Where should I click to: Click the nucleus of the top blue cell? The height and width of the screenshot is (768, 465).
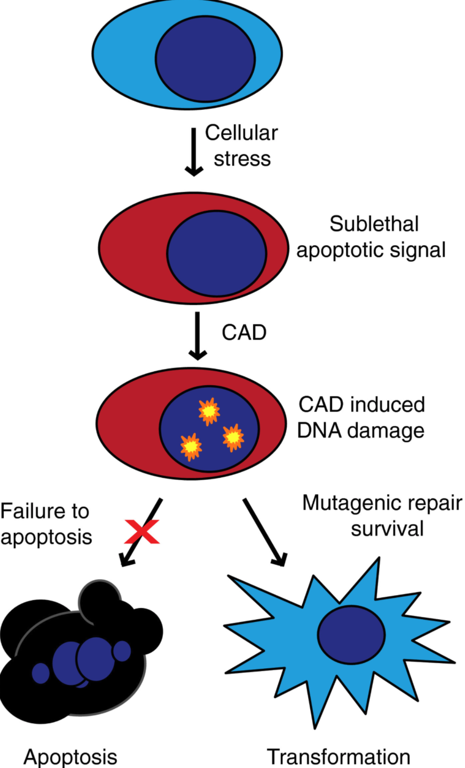(x=205, y=59)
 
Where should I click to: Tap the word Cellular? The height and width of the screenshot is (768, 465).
(x=241, y=133)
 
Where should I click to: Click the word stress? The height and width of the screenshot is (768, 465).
(x=242, y=158)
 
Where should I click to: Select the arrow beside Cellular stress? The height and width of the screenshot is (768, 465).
(x=194, y=151)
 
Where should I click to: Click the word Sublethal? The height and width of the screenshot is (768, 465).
(x=374, y=224)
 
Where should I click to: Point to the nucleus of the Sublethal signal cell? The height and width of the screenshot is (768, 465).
(x=216, y=253)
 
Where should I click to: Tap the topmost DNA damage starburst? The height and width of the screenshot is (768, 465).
(x=209, y=411)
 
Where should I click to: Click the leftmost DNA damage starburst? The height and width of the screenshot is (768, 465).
(x=191, y=446)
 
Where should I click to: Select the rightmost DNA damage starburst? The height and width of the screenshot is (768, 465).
(x=233, y=437)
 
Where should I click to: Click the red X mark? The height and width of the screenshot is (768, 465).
(x=142, y=531)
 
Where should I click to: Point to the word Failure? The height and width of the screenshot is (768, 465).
(x=30, y=511)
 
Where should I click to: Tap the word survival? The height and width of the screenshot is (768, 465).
(x=387, y=529)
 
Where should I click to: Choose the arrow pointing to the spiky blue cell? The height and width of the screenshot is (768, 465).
(x=265, y=531)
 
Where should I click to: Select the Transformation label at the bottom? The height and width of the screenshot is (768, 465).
(x=338, y=757)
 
